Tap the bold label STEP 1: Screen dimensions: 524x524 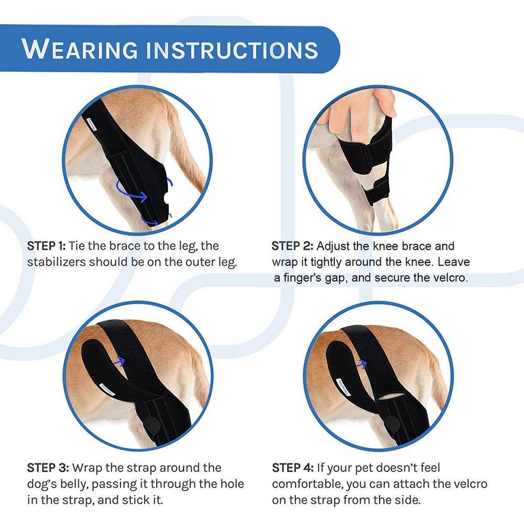pyautogui.click(x=46, y=245)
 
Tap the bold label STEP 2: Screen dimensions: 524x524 pyautogui.click(x=292, y=246)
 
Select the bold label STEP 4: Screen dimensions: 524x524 pyautogui.click(x=292, y=467)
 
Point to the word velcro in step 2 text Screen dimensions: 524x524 pyautogui.click(x=449, y=278)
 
